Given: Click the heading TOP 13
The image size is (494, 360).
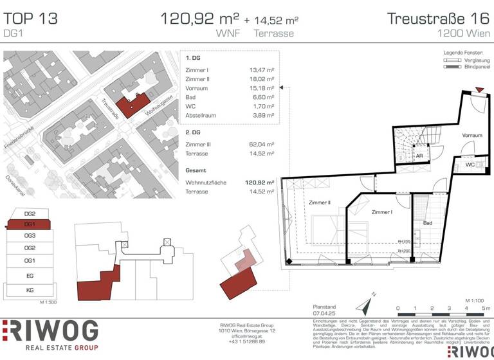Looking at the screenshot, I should point(30,18).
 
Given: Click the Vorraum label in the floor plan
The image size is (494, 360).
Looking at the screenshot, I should point(471,136).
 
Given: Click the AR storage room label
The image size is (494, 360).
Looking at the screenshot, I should point(419,156).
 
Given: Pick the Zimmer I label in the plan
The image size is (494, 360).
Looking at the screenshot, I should point(381,212).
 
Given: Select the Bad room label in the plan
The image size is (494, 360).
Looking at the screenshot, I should point(427,223).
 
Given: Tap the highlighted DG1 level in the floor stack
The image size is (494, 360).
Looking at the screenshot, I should point(30,224).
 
